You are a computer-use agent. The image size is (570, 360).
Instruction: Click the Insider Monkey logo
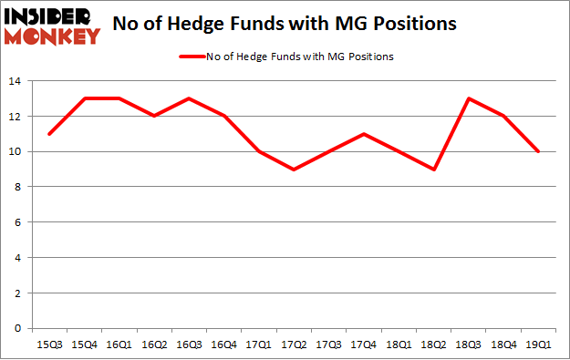52,26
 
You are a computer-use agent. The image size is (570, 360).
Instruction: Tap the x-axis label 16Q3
188,344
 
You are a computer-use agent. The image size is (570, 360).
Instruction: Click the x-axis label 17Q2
293,344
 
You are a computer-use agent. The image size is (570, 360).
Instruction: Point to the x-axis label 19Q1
538,344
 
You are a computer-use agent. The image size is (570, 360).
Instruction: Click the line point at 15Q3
48,135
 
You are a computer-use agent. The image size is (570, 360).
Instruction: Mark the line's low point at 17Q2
293,170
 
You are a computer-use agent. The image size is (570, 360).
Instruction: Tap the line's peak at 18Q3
468,99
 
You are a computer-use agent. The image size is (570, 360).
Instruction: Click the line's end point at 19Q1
538,152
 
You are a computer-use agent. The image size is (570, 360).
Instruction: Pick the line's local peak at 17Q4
363,134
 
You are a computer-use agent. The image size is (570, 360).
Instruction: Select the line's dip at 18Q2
433,170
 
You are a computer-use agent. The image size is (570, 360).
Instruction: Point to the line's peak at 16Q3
188,99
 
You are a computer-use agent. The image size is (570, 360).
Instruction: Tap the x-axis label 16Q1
119,344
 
